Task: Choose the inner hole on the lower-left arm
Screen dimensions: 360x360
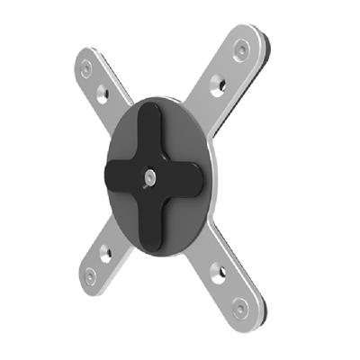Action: tap(105, 252)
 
